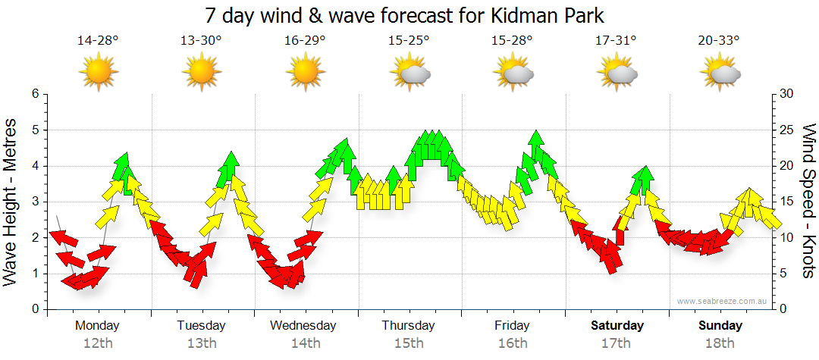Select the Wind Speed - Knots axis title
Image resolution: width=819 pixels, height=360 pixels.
pyautogui.click(x=808, y=202)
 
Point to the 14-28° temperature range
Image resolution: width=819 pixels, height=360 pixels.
pyautogui.click(x=98, y=41)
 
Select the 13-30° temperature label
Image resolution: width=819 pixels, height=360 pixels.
pyautogui.click(x=201, y=41)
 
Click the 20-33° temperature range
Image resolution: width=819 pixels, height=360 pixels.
pyautogui.click(x=719, y=41)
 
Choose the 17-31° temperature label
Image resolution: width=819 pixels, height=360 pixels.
pyautogui.click(x=615, y=41)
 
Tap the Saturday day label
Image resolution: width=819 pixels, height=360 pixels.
pyautogui.click(x=617, y=326)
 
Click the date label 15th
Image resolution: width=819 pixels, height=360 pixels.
pyautogui.click(x=409, y=343)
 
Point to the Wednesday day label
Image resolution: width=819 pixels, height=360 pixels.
pyautogui.click(x=303, y=326)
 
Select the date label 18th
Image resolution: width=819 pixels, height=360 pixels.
pyautogui.click(x=720, y=343)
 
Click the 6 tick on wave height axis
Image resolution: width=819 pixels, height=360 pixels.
pyautogui.click(x=34, y=94)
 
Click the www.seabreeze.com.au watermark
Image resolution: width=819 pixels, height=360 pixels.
pyautogui.click(x=723, y=301)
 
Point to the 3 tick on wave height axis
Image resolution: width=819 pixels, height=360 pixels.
pyautogui.click(x=34, y=202)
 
